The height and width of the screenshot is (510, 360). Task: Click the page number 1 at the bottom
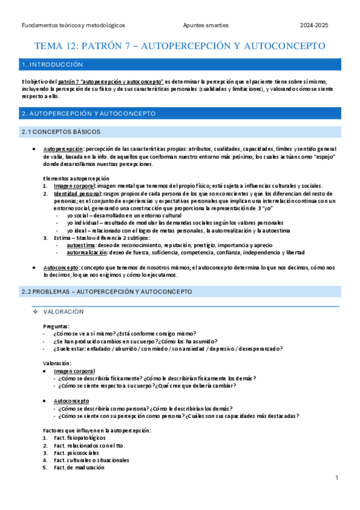pyautogui.click(x=337, y=478)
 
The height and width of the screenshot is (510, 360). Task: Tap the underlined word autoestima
pyautogui.click(x=80, y=245)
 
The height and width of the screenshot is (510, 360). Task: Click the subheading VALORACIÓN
pyautogui.click(x=64, y=312)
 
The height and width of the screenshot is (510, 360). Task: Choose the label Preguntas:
pyautogui.click(x=57, y=326)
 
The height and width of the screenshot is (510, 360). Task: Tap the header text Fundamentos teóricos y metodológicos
pyautogui.click(x=73, y=25)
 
